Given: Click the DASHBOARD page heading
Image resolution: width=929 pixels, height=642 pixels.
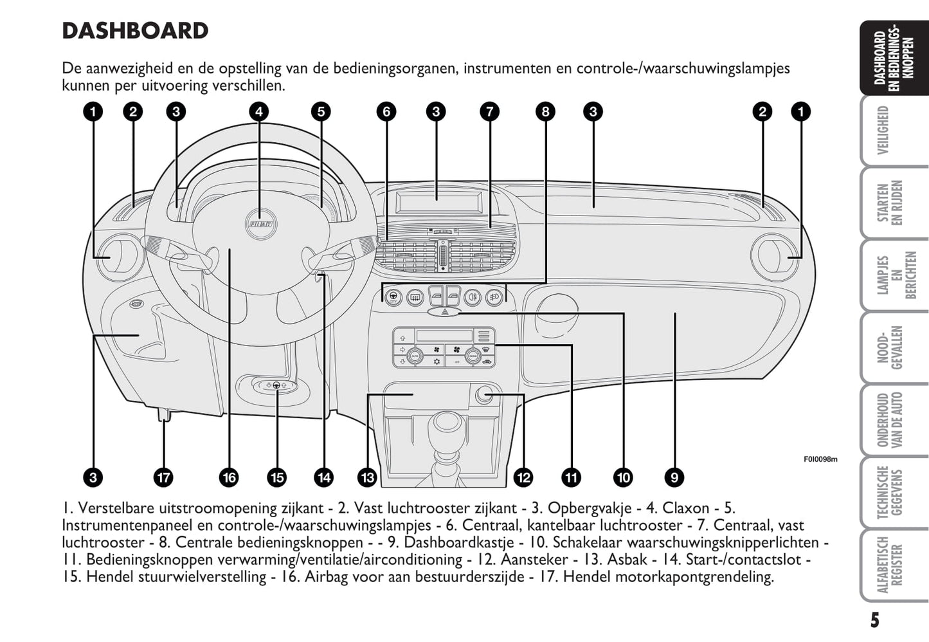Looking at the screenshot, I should (135, 31).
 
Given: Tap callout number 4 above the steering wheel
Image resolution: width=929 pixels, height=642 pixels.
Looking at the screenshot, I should (258, 112).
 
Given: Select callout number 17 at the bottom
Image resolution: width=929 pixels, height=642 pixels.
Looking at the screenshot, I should (163, 477).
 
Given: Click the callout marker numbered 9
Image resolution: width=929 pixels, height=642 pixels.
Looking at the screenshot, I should (674, 477).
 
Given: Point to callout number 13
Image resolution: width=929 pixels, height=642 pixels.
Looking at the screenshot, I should (367, 477).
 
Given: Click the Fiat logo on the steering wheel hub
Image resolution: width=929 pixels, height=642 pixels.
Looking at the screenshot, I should (259, 223).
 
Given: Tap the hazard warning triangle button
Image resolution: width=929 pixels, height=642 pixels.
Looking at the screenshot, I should (444, 312).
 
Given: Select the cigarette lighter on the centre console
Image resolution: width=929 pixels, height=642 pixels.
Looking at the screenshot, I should (484, 395).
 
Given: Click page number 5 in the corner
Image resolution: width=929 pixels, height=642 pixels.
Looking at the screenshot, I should (874, 620).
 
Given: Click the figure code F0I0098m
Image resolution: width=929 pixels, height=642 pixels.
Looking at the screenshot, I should (820, 459).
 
